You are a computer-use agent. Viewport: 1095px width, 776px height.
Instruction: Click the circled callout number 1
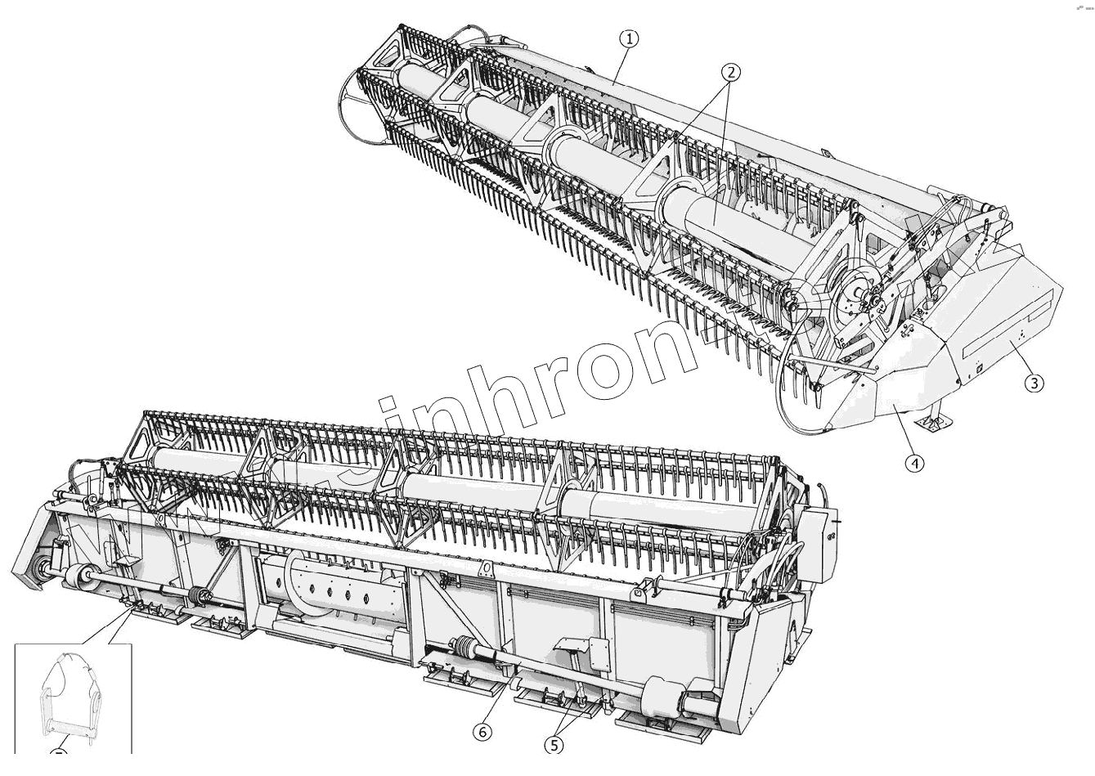point(629,38)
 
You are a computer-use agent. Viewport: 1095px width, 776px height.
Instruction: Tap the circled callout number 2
point(730,72)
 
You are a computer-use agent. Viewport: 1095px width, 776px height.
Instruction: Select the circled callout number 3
point(1034,382)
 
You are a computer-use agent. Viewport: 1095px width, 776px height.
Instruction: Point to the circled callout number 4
point(915,463)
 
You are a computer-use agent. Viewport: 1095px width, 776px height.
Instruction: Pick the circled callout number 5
point(555,744)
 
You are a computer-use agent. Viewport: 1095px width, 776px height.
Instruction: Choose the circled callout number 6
point(483,732)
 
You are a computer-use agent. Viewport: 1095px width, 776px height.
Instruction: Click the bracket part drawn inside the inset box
point(71,695)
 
